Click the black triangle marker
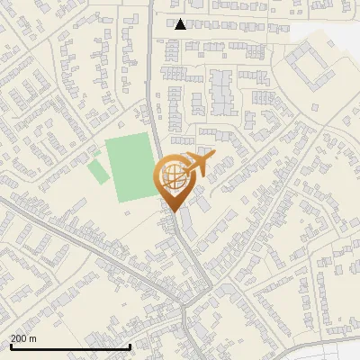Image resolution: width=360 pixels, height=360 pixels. pyautogui.click(x=181, y=24)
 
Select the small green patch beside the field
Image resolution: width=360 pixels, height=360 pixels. pyautogui.click(x=96, y=170)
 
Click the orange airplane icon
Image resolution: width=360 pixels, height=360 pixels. pyautogui.click(x=199, y=165)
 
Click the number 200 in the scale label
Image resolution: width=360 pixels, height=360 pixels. pyautogui.click(x=19, y=338)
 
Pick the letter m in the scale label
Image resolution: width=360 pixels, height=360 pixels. pyautogui.click(x=33, y=338)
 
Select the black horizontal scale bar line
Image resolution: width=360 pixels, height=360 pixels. pyautogui.click(x=69, y=346)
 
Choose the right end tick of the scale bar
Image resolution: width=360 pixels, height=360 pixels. pyautogui.click(x=130, y=345)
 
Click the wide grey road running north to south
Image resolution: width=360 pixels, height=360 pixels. pyautogui.click(x=152, y=90)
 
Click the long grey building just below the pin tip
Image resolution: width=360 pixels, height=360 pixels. pyautogui.click(x=184, y=220)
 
